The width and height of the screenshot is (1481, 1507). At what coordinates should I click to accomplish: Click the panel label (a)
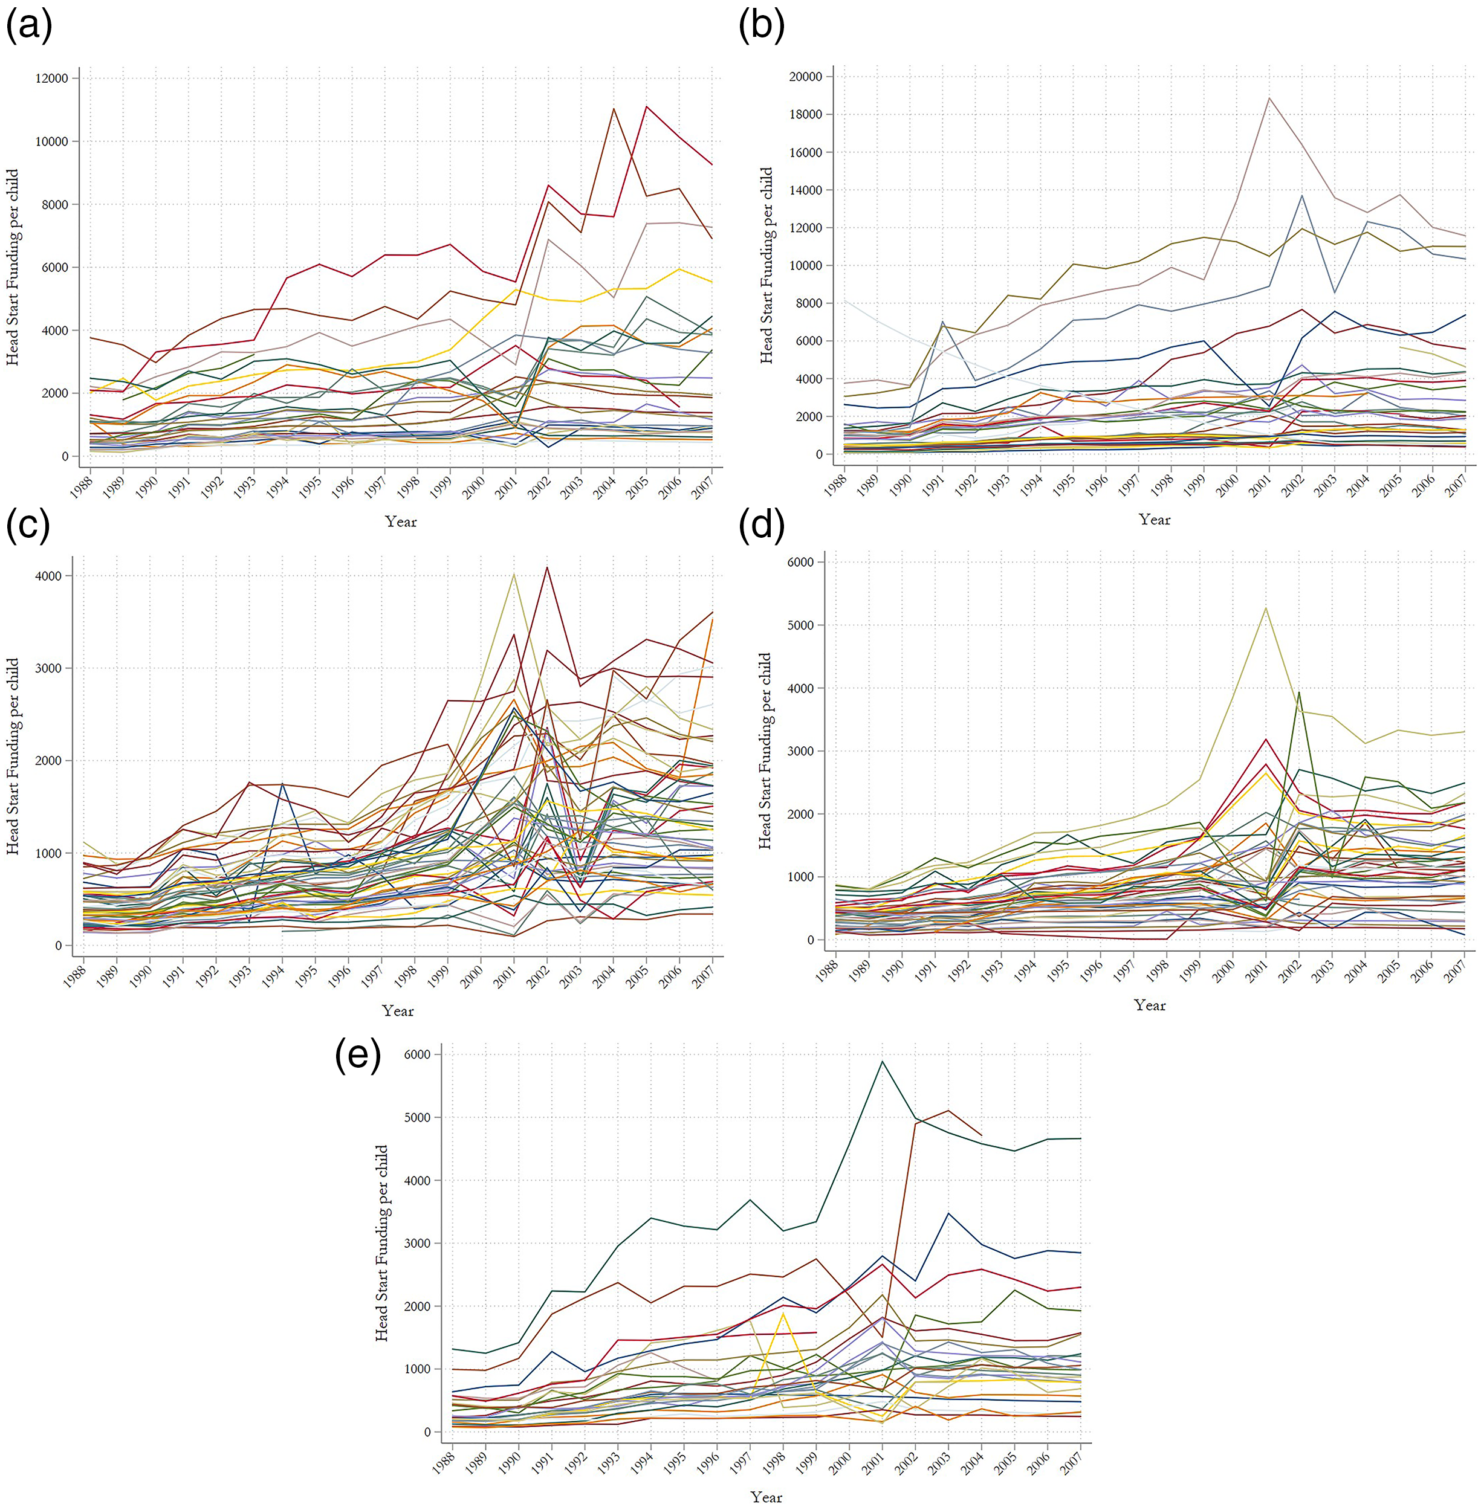point(29,25)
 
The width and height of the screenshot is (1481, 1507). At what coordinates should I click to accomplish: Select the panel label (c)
point(28,526)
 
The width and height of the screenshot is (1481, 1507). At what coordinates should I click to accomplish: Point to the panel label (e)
point(358,1057)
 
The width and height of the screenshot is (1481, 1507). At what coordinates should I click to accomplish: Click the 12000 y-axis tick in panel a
point(52,79)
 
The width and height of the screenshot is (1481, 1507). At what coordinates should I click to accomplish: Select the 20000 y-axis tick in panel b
point(805,77)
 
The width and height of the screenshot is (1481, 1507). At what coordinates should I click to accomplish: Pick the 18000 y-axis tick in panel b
point(805,114)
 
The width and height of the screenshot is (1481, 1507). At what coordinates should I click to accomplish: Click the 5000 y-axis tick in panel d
point(799,625)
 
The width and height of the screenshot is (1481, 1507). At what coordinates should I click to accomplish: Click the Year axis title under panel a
point(401,522)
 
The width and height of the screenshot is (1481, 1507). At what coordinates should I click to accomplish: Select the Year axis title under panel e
point(766,1497)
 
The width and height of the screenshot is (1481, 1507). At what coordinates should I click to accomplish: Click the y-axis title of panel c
point(13,757)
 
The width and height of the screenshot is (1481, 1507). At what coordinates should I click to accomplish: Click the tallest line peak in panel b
point(1269,98)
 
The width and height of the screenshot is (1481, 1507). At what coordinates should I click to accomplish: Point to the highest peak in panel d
point(1266,608)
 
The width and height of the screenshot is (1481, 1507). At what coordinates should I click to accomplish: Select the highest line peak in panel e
point(882,1062)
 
